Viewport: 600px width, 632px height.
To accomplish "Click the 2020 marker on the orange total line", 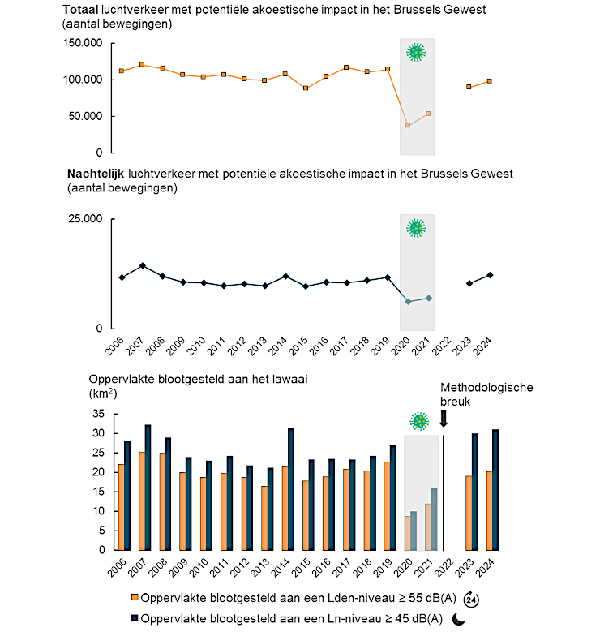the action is (408, 126).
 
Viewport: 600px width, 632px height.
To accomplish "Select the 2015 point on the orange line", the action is (306, 88).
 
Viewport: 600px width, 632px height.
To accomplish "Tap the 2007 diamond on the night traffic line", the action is (142, 265).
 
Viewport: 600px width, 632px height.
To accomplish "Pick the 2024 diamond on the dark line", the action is (490, 275).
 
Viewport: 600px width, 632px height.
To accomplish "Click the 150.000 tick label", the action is (83, 43).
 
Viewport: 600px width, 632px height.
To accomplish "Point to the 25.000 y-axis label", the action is (85, 219).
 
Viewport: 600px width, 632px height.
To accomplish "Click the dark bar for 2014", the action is (291, 489).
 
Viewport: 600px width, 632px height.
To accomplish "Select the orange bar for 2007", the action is (142, 501).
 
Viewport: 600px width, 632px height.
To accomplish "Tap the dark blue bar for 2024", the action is (495, 490).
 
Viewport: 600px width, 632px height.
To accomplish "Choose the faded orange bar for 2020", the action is (407, 533).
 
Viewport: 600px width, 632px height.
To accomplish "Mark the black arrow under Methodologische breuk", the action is (444, 419).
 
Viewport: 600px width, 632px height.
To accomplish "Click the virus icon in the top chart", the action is (416, 52).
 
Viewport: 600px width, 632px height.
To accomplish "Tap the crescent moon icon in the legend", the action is (458, 619).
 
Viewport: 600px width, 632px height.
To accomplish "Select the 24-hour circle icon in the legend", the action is (471, 600).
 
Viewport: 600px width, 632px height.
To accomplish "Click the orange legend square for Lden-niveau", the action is (135, 597).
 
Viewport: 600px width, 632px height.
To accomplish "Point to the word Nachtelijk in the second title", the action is (96, 174).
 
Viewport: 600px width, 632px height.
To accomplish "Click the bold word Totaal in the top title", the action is (80, 10).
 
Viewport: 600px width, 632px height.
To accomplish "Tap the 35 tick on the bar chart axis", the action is (99, 414).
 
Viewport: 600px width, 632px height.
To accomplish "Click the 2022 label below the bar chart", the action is (444, 568).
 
